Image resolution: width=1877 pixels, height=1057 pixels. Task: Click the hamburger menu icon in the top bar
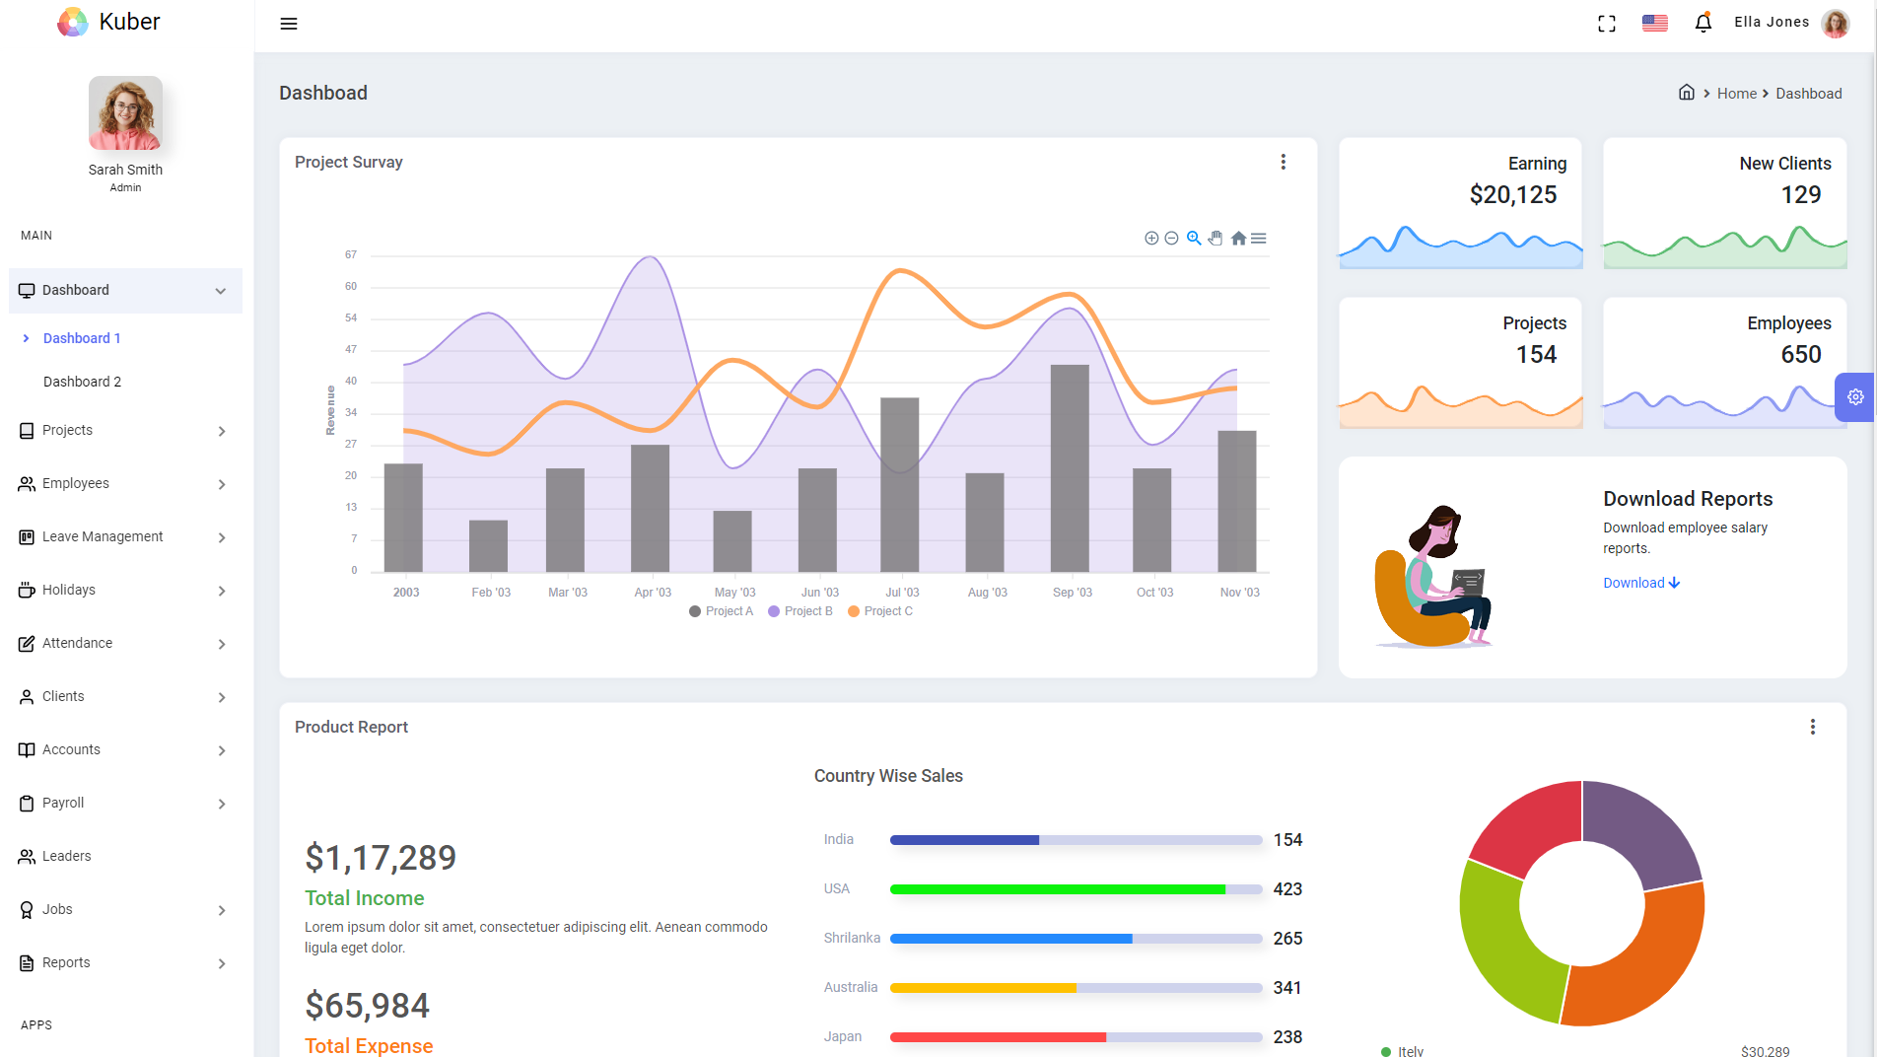289,24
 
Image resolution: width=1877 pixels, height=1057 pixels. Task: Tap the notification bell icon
1703,23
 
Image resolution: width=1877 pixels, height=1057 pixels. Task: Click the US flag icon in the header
1654,23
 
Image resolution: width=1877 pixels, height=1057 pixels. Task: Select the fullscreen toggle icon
1607,24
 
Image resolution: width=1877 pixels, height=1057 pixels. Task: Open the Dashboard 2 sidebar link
82,382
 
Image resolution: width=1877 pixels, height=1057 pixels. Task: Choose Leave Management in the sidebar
103,536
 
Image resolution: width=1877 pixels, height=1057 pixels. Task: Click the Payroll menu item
63,803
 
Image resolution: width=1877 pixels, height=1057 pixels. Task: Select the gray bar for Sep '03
1070,468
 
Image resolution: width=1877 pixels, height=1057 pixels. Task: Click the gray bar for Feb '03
488,545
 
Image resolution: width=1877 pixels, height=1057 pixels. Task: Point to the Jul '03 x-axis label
902,593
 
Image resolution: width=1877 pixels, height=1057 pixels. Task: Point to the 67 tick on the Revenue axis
351,255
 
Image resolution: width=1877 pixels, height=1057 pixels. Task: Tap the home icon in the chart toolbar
1238,239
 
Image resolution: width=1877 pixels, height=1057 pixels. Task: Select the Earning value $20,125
1512,195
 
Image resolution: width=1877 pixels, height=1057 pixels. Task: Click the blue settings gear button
1854,397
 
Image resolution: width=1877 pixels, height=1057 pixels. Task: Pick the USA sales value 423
1287,889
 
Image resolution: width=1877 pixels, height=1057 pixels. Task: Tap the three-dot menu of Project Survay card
1283,162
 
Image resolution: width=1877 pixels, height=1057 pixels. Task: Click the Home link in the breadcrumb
1736,94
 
